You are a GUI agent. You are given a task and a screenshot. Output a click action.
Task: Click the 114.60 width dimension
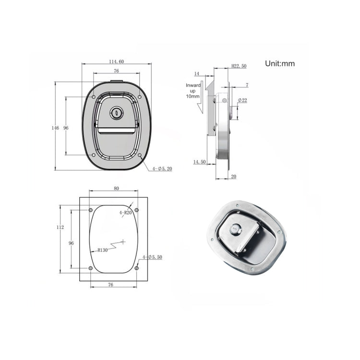pyautogui.click(x=116, y=61)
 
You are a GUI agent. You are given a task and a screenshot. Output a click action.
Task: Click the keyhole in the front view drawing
pyautogui.click(x=116, y=113)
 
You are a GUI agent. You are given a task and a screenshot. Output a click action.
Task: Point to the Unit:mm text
pyautogui.click(x=279, y=63)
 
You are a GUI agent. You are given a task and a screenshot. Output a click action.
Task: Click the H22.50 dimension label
pyautogui.click(x=238, y=66)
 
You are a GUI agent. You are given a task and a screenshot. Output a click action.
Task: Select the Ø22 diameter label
pyautogui.click(x=242, y=100)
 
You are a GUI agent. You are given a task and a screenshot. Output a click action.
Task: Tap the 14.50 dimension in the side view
pyautogui.click(x=199, y=162)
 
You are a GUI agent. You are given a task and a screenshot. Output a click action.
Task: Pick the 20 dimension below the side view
pyautogui.click(x=233, y=177)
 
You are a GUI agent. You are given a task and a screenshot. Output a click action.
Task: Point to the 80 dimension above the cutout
pyautogui.click(x=116, y=189)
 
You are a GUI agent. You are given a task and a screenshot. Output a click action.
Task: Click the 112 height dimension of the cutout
pyautogui.click(x=60, y=227)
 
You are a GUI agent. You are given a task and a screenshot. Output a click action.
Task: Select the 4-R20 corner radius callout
pyautogui.click(x=125, y=212)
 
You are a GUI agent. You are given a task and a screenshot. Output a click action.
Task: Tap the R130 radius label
pyautogui.click(x=102, y=250)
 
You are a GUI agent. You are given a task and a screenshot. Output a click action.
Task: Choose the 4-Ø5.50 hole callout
pyautogui.click(x=153, y=258)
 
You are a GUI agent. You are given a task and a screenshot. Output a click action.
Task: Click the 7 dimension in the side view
pyautogui.click(x=247, y=85)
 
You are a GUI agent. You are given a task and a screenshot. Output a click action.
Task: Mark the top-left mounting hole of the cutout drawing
pyautogui.click(x=91, y=210)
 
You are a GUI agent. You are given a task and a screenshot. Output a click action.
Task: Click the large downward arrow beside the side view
pyautogui.click(x=200, y=103)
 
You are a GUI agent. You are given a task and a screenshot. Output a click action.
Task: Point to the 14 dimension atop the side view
pyautogui.click(x=196, y=73)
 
